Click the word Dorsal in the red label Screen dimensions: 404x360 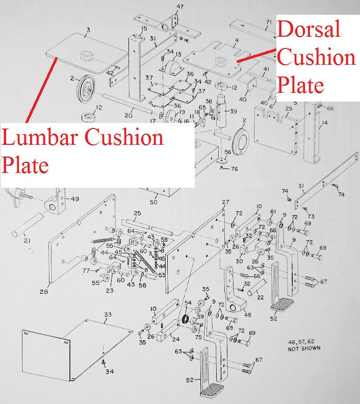308,30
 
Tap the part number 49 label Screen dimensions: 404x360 75,199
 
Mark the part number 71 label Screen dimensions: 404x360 269,22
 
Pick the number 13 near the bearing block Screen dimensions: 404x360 178,55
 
